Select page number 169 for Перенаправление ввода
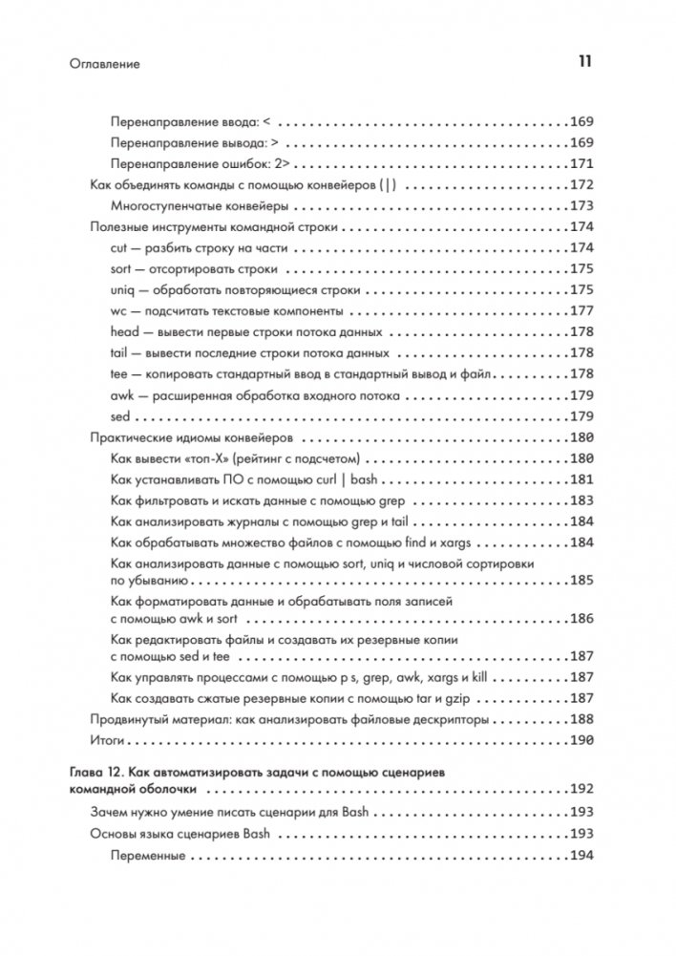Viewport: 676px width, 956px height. pyautogui.click(x=581, y=123)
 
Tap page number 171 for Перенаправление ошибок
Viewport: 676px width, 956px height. pyautogui.click(x=581, y=163)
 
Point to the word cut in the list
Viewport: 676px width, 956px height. pyautogui.click(x=119, y=247)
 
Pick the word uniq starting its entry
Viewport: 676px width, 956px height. pyautogui.click(x=123, y=289)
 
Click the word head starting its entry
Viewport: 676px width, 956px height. pyautogui.click(x=125, y=331)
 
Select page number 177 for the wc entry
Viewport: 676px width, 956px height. pyautogui.click(x=581, y=310)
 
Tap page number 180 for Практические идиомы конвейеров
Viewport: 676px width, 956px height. pyautogui.click(x=581, y=436)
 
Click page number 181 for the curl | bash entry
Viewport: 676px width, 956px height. pyautogui.click(x=581, y=478)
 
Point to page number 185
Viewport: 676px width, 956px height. pyautogui.click(x=581, y=580)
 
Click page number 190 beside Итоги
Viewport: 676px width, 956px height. pyautogui.click(x=581, y=740)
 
